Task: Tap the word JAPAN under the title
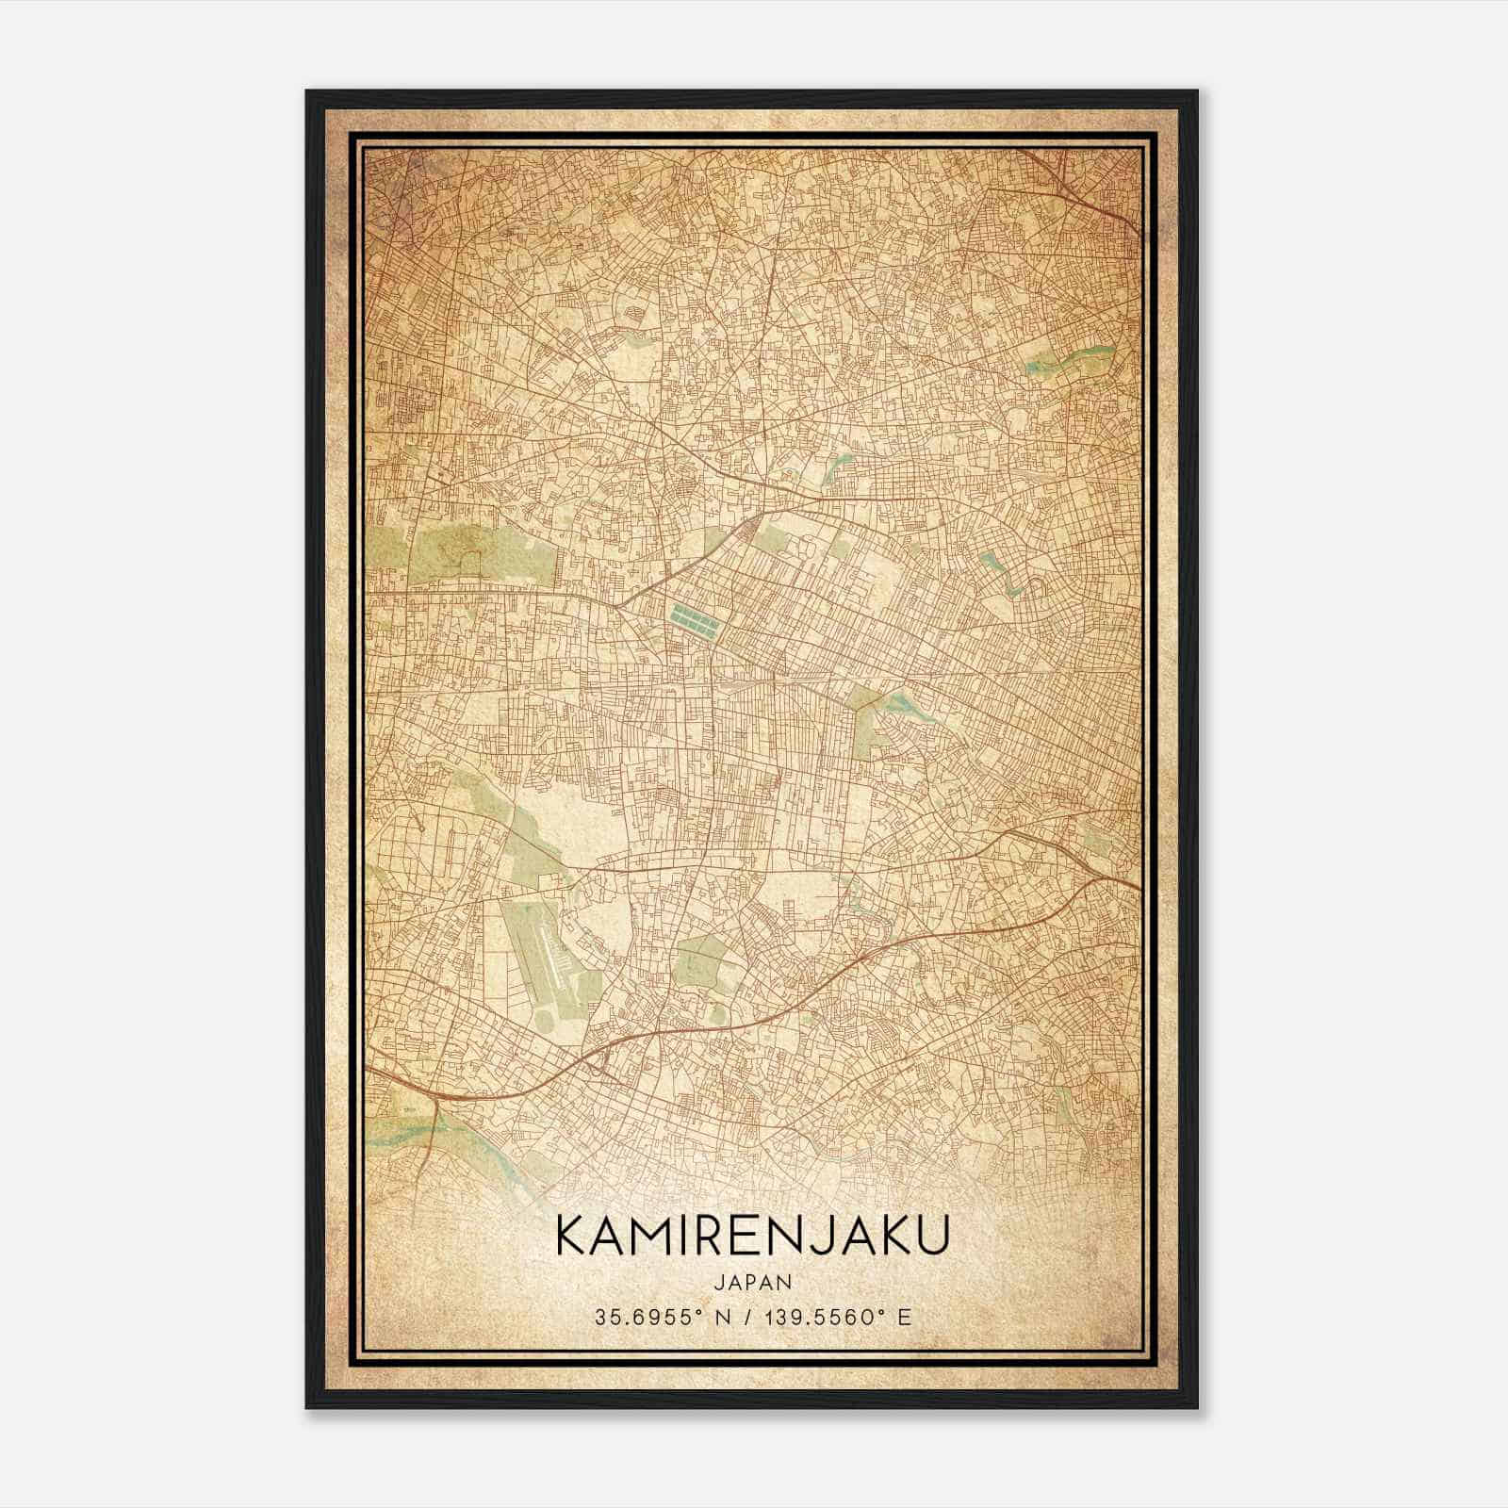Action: pos(752,1282)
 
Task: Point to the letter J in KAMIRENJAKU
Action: pos(834,1235)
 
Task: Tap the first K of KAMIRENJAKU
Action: pos(571,1235)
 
